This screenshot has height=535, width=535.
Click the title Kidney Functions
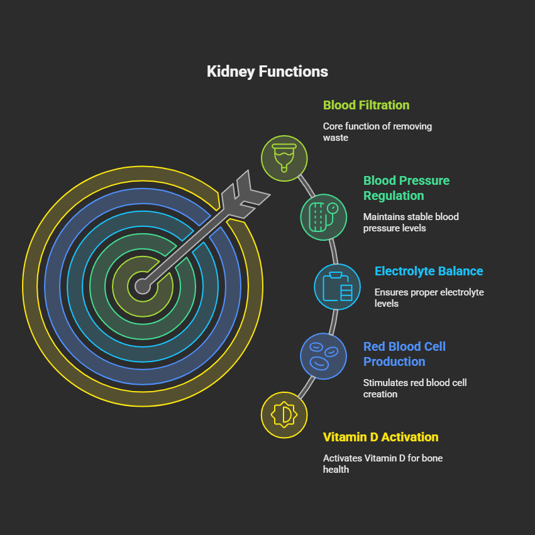tap(267, 72)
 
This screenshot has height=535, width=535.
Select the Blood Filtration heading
tap(366, 105)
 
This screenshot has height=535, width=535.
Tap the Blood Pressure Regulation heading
tap(406, 188)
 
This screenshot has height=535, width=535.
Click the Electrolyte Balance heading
tap(429, 272)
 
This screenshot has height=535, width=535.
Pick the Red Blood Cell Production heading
tap(404, 354)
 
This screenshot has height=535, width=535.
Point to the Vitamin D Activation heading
tap(380, 437)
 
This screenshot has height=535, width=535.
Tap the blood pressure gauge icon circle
tap(324, 217)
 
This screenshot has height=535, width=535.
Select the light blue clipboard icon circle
tap(338, 287)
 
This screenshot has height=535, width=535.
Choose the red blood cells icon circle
tap(323, 356)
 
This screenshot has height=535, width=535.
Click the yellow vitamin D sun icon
tap(284, 415)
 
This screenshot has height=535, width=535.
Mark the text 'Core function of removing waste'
tap(377, 131)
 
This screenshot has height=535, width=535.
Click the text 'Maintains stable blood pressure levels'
tap(411, 222)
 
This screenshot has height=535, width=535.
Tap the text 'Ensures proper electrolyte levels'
tap(429, 297)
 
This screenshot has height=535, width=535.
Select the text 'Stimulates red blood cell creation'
tap(414, 388)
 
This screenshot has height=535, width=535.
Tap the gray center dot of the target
tap(143, 287)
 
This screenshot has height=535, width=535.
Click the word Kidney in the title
tap(230, 72)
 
